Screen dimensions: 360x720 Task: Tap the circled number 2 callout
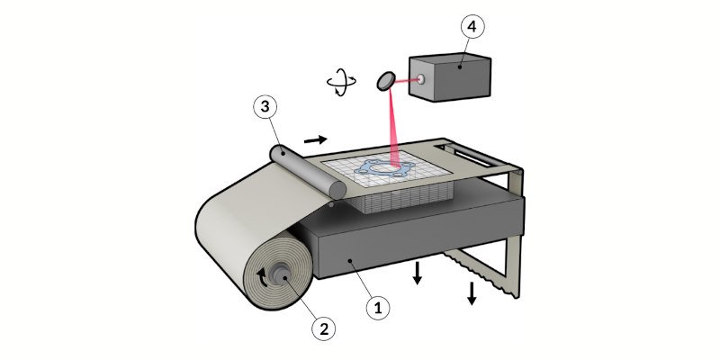326,328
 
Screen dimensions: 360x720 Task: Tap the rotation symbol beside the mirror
339,84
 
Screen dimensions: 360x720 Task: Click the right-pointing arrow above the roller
316,139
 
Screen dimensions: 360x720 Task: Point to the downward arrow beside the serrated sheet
471,293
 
